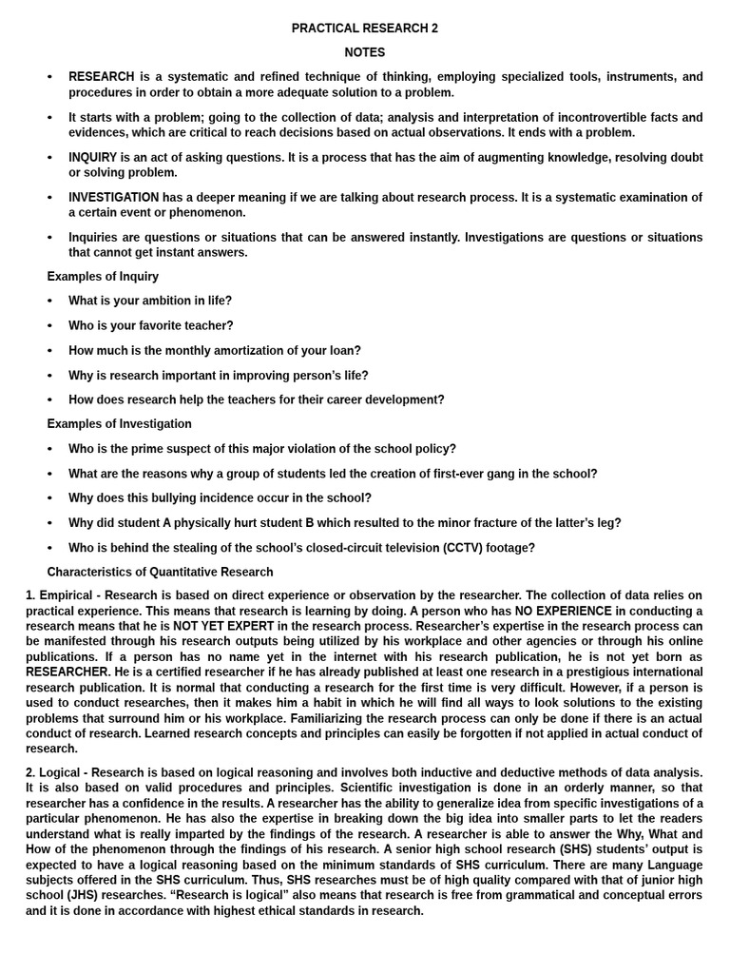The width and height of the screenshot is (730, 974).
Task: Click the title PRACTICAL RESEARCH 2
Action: point(365,29)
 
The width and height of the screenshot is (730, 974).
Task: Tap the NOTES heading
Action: point(365,52)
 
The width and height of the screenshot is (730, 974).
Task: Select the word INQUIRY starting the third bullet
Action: point(93,157)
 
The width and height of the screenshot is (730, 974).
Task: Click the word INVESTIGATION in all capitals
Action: point(113,197)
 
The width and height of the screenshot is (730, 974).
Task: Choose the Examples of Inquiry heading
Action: point(103,277)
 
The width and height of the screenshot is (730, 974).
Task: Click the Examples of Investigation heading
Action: point(119,424)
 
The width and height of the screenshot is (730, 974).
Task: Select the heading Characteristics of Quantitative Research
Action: point(160,573)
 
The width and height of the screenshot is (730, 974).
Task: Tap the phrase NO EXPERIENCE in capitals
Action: point(564,611)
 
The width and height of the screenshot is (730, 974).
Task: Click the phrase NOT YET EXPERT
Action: point(223,627)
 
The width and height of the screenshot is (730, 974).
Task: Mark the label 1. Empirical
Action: point(59,595)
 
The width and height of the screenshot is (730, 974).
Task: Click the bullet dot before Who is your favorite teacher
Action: point(50,326)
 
